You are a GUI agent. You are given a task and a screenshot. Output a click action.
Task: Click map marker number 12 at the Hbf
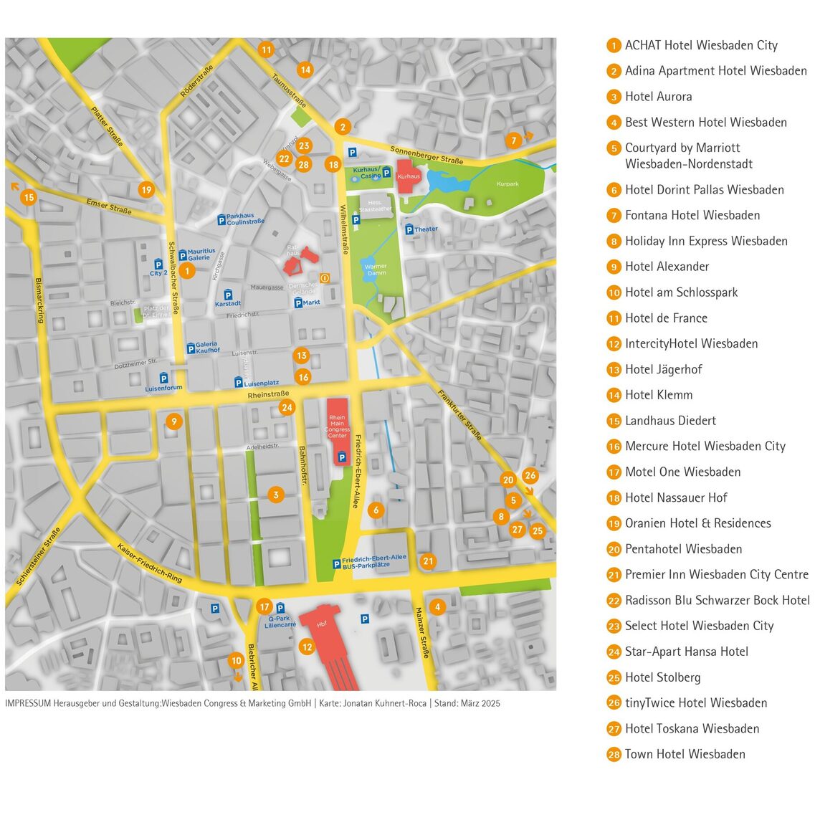(x=307, y=647)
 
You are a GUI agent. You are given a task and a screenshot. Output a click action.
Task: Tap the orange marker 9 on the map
(x=173, y=421)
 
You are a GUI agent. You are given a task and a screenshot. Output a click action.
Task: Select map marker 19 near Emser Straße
(x=146, y=190)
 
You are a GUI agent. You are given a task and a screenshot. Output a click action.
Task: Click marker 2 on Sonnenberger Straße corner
(x=343, y=128)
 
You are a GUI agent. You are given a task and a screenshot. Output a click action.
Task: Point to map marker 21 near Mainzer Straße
(x=428, y=561)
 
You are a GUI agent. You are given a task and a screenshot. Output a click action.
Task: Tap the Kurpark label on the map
(x=507, y=184)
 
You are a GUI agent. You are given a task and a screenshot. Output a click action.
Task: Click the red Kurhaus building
(x=409, y=176)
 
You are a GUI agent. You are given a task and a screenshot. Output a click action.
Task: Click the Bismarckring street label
(x=39, y=300)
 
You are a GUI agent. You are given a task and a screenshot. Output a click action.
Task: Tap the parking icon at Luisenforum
(x=163, y=378)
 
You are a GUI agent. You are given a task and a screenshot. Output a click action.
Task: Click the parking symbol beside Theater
(x=409, y=229)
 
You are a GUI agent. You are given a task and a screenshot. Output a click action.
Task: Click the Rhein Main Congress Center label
(x=337, y=426)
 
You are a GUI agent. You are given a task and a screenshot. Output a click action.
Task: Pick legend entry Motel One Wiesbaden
(x=682, y=472)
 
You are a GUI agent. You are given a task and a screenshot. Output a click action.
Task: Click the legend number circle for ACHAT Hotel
(x=614, y=45)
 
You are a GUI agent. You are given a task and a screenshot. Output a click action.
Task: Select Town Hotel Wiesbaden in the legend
(x=685, y=754)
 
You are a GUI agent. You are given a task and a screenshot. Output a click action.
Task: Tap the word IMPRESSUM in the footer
(x=28, y=703)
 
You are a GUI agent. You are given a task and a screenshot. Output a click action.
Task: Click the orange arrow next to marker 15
(x=14, y=186)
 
